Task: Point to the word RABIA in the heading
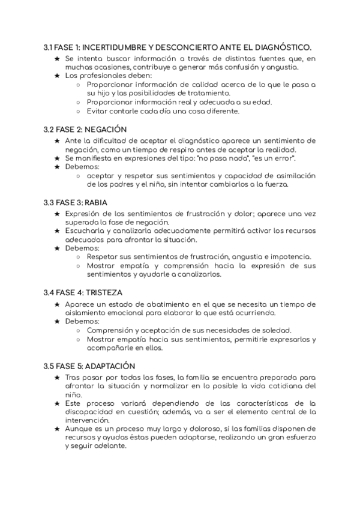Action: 95,202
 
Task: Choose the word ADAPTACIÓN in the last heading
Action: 110,366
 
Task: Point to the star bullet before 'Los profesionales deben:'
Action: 57,76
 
